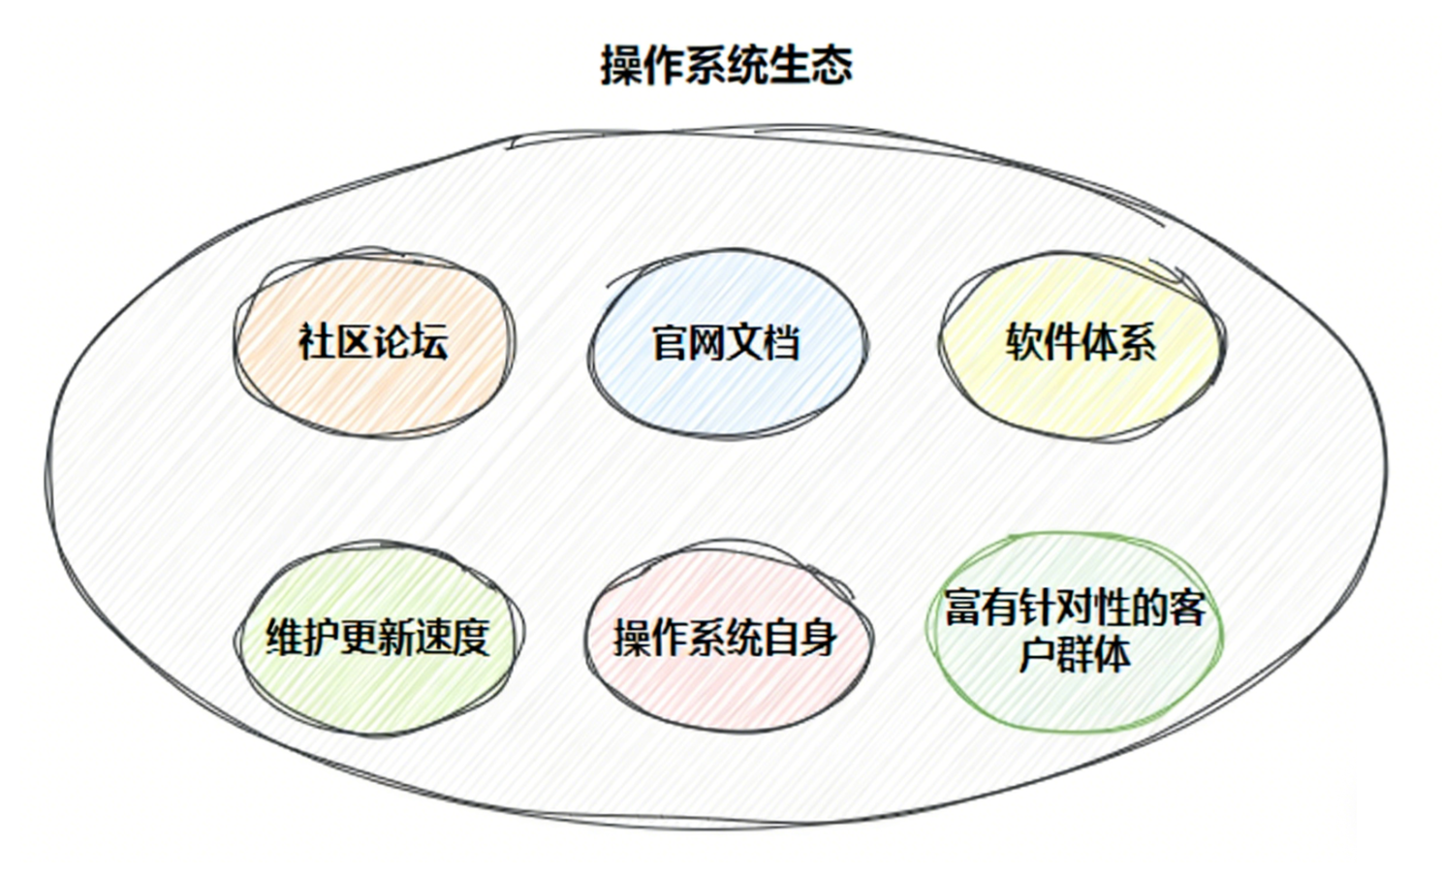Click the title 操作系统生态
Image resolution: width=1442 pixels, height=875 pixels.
[x=726, y=66]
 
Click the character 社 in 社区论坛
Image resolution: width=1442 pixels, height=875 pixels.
[x=317, y=342]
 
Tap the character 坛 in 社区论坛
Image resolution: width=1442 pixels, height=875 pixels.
[x=429, y=342]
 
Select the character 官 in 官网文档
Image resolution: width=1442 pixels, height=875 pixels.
[x=671, y=343]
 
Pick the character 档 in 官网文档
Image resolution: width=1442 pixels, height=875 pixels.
[x=782, y=343]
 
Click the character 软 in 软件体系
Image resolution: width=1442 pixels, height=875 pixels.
[x=1024, y=342]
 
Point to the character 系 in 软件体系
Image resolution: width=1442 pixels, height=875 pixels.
[x=1137, y=342]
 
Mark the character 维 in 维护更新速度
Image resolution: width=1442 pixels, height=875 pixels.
[x=285, y=638]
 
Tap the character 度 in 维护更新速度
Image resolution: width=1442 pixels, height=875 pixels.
[x=470, y=638]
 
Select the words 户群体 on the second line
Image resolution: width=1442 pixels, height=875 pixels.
[x=1075, y=654]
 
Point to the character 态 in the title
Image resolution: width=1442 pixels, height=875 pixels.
[x=832, y=66]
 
